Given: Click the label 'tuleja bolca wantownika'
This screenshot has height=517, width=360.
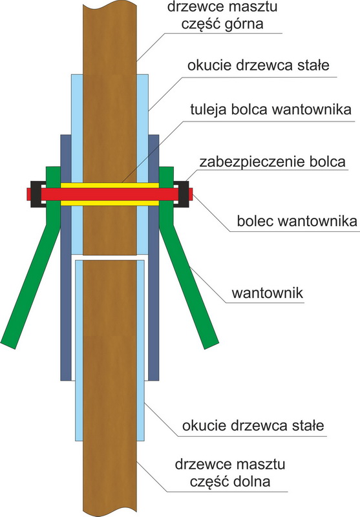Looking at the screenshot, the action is click(271, 110).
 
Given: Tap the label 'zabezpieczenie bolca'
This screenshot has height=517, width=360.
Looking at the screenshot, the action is click(272, 162).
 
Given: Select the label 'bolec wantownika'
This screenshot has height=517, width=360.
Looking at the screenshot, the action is click(297, 221).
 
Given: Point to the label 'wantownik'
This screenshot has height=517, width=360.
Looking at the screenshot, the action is click(268, 293).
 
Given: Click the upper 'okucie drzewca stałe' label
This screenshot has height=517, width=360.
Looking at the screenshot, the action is click(259, 65).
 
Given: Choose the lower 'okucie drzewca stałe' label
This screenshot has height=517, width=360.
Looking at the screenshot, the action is click(253, 425).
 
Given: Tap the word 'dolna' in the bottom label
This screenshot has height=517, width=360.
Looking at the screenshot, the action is click(251, 481).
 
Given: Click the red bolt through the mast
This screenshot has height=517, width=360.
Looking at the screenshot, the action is click(109, 194).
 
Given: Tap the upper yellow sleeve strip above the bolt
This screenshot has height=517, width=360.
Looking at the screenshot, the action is click(110, 185).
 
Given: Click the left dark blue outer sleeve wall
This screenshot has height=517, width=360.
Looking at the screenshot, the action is click(66, 257).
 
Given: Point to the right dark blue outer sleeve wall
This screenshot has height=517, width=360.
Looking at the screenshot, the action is click(154, 257).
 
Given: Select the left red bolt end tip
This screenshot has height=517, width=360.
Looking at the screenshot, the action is click(28, 194).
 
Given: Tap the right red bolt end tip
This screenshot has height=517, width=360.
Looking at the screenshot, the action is click(191, 194).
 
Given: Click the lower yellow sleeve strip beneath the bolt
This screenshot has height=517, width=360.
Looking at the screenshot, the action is click(110, 203).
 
